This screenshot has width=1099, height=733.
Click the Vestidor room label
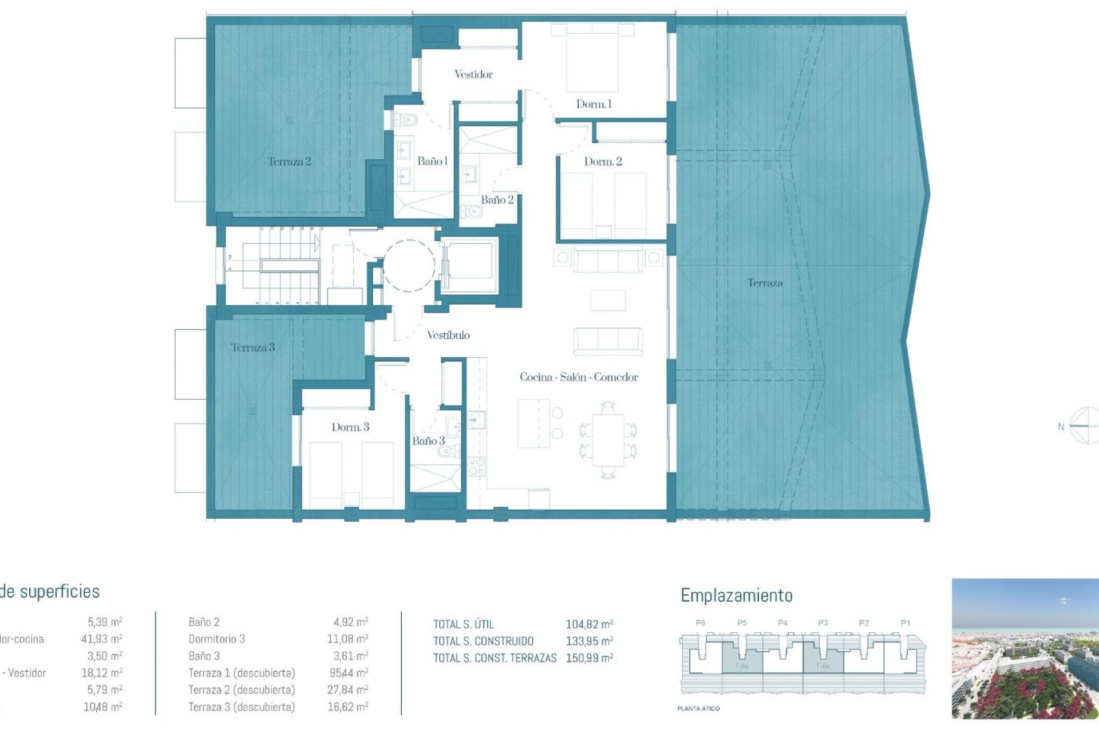[x=473, y=74]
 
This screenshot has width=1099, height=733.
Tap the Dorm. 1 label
[x=594, y=104]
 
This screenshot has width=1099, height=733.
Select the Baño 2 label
[x=497, y=200]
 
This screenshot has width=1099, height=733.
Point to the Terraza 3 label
[x=252, y=348]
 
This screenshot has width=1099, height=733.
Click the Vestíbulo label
[x=448, y=336]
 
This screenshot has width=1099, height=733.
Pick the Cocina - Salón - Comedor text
[x=579, y=377]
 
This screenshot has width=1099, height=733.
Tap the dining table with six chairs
[x=608, y=440]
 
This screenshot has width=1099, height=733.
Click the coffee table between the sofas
[x=607, y=300]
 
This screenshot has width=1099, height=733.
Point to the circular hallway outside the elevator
[x=409, y=266]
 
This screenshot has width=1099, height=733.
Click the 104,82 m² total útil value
[x=589, y=625]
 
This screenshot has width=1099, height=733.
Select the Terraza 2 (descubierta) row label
[x=242, y=690]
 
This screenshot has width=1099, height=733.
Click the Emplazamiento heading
[x=736, y=596]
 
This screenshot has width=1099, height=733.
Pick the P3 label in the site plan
[x=823, y=623]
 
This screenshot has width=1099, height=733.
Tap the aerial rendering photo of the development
[x=1025, y=648]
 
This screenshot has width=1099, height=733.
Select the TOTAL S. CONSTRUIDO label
[x=483, y=641]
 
